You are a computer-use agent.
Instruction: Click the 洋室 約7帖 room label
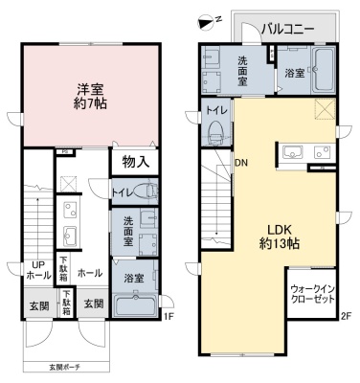point(90,96)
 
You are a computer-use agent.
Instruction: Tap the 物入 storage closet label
point(136,162)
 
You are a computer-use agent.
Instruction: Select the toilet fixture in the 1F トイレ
point(146,191)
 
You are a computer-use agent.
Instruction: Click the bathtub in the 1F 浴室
point(136,305)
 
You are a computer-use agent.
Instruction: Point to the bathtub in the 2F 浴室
point(324,69)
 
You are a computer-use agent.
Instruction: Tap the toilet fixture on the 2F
point(216,131)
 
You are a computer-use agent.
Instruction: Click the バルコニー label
point(288,29)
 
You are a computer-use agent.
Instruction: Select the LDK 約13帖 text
point(279,237)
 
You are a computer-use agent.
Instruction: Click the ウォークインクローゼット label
point(312,295)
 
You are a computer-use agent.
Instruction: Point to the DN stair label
point(241,163)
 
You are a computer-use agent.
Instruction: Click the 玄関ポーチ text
point(64,367)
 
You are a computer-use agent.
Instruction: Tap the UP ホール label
point(38,270)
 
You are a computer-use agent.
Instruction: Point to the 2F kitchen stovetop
point(323,152)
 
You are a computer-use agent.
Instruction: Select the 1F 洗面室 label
point(128,231)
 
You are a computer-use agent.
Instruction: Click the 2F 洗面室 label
point(242,71)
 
